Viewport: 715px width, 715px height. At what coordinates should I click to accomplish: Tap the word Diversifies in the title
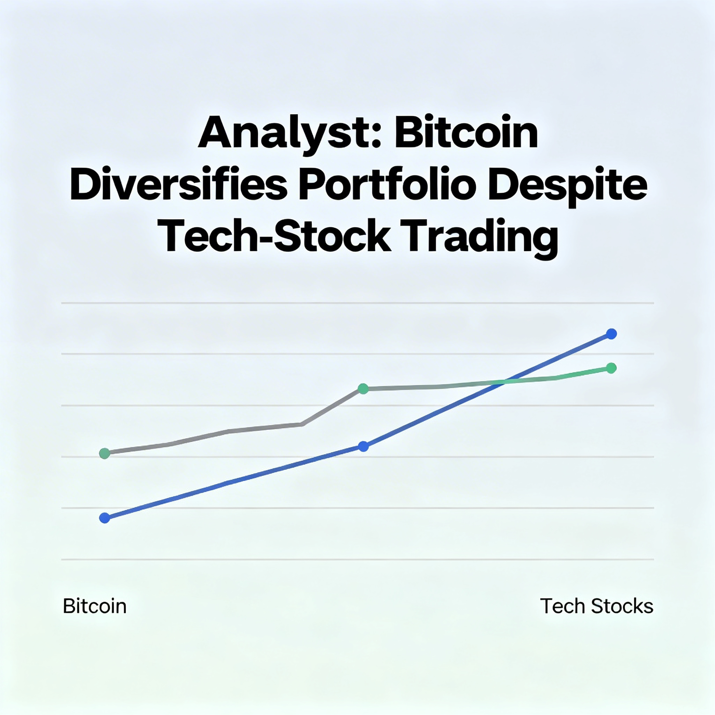[x=178, y=184]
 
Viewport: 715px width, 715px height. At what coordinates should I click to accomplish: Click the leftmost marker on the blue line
[x=105, y=518]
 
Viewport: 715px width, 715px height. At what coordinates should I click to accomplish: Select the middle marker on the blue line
[x=363, y=446]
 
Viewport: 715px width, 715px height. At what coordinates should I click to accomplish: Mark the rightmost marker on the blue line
[x=611, y=334]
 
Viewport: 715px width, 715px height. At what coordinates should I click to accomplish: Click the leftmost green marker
[x=105, y=454]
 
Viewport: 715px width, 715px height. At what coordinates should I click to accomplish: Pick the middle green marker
[x=363, y=389]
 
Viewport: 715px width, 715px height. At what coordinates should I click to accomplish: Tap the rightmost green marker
[x=611, y=368]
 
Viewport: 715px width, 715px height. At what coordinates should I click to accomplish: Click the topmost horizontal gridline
[x=357, y=303]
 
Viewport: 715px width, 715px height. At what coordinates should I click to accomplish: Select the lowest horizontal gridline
[x=357, y=560]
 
